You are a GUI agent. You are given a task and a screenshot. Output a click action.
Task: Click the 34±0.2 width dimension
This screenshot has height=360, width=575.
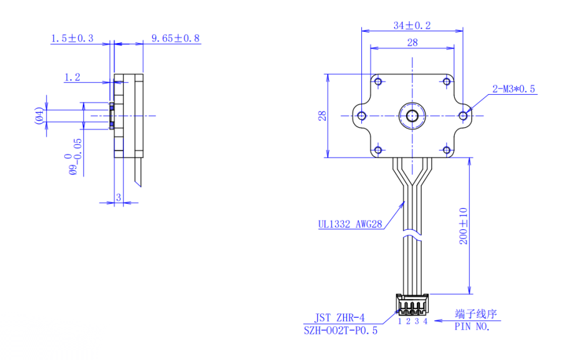point(412,26)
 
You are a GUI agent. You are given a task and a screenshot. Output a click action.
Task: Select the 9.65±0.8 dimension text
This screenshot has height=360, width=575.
point(176,39)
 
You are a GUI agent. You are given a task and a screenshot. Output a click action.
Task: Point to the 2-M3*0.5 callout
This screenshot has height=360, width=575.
point(513,89)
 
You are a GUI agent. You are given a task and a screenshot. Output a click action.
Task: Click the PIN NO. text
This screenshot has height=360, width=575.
point(472,326)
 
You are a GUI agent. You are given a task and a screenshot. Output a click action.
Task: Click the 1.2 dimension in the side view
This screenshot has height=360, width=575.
point(72,77)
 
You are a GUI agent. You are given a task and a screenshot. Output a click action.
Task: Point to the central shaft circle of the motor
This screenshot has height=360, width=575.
point(412,115)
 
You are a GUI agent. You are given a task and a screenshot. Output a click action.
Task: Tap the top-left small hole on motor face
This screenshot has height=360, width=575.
point(378,81)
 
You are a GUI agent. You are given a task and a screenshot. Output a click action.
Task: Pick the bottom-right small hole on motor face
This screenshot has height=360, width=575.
point(446,149)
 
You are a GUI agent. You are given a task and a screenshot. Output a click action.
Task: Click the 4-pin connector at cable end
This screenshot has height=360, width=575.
point(412,306)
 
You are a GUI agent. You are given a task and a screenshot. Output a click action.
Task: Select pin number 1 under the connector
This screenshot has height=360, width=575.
point(400,321)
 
